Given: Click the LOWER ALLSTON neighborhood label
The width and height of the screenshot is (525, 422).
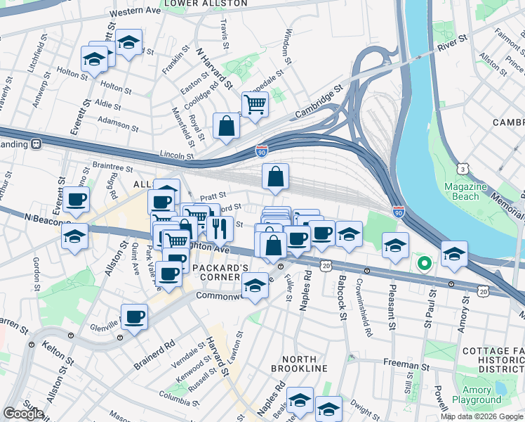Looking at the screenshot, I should pyautogui.click(x=205, y=4).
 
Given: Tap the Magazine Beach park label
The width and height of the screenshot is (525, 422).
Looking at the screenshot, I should pyautogui.click(x=465, y=192).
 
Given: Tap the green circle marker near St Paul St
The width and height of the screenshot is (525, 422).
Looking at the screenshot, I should pyautogui.click(x=424, y=264).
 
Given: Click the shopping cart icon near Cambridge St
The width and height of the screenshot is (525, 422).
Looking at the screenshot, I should pyautogui.click(x=255, y=104).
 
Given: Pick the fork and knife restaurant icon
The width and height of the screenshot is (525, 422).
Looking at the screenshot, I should pyautogui.click(x=220, y=228).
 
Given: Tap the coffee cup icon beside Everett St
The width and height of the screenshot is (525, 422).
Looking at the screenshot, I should pyautogui.click(x=76, y=199).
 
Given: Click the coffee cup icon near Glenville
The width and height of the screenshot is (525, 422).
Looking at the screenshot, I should pyautogui.click(x=134, y=316).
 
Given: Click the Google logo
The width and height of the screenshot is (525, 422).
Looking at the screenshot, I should pyautogui.click(x=23, y=414).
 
